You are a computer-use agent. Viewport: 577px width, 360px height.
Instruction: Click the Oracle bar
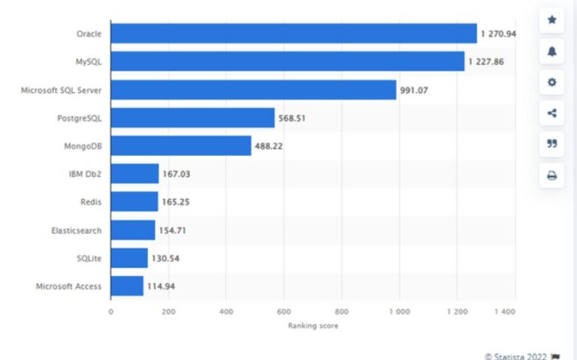pos(293,34)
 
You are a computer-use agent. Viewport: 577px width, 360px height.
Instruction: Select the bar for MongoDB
pos(180,146)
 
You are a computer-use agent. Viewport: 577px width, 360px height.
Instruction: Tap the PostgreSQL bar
pos(192,118)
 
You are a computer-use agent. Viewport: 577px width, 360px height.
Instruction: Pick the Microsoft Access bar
pos(126,286)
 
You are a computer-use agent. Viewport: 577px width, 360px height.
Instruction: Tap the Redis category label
pos(91,202)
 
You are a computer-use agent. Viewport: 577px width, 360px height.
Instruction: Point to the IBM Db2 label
pos(85,174)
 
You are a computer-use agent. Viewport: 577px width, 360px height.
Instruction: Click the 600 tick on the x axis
pos(283,311)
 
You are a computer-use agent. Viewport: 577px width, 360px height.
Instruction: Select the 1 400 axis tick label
pos(505,311)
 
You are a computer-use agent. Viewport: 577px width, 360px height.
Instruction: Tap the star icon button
pos(551,20)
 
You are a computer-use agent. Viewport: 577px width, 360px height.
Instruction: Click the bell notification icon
pos(551,51)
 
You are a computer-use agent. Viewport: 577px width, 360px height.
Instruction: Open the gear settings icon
pos(551,82)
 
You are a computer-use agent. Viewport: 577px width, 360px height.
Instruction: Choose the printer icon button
pos(551,175)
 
